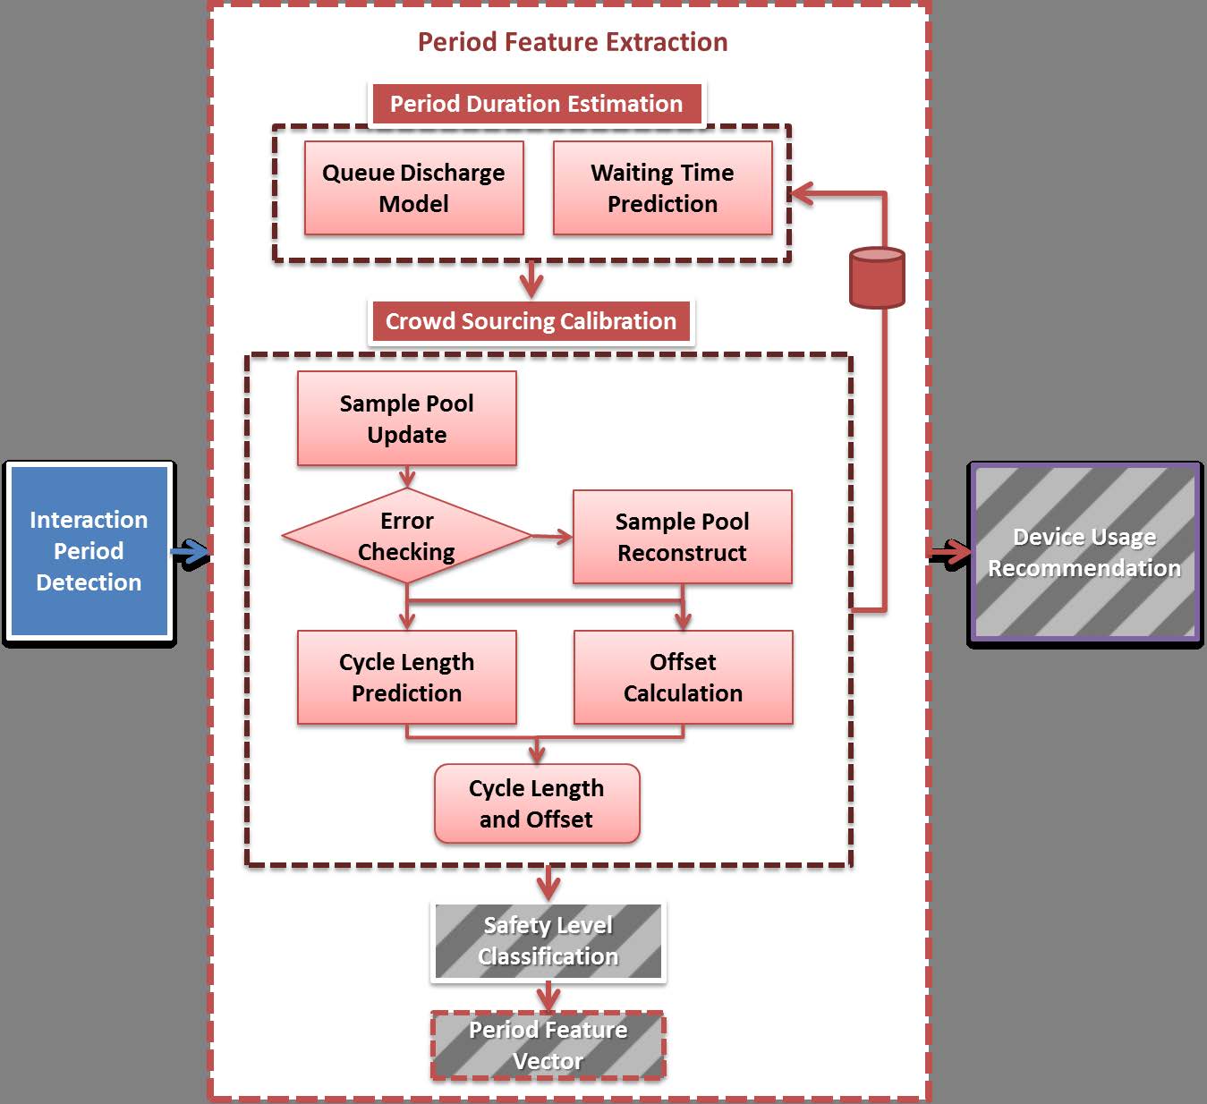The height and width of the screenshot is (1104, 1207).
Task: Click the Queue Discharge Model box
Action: (413, 188)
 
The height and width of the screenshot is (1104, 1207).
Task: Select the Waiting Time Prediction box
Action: (662, 188)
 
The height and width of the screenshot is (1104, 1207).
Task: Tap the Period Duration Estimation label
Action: (536, 104)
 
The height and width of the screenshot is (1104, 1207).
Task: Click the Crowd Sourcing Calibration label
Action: (531, 321)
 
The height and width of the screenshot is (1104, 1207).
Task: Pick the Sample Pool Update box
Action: (406, 419)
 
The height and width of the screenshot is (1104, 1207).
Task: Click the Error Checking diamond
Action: (406, 536)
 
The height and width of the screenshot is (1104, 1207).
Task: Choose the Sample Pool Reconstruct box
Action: (682, 537)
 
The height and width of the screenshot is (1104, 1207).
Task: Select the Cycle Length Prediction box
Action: (406, 677)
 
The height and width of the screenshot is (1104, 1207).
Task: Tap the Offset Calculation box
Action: (683, 677)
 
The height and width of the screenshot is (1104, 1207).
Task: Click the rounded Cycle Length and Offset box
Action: (537, 803)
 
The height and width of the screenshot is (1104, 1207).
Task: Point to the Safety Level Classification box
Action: (548, 941)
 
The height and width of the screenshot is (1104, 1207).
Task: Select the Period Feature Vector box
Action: (548, 1045)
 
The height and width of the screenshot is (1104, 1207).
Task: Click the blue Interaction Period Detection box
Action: (89, 551)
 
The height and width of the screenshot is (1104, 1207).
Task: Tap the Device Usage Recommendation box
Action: (1084, 552)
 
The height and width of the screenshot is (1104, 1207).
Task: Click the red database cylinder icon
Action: (877, 278)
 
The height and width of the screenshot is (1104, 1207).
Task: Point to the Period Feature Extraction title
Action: (573, 42)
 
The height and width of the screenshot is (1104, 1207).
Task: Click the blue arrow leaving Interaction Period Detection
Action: (190, 554)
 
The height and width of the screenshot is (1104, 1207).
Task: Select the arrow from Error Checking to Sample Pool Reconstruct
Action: (553, 537)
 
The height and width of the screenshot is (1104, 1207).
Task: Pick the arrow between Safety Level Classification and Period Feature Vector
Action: (548, 997)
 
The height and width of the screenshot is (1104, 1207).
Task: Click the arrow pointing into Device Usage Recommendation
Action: (950, 553)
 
